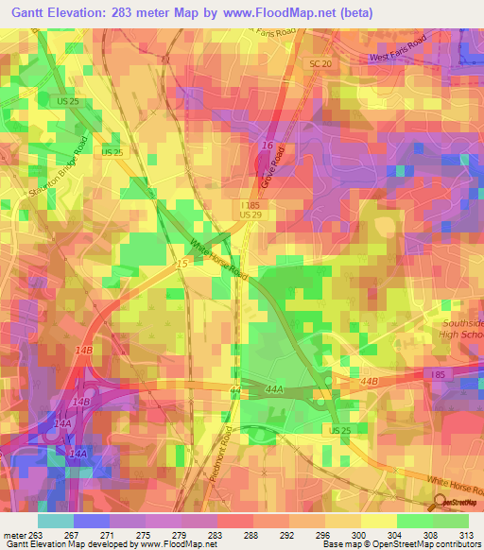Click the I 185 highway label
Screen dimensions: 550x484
(x=250, y=204)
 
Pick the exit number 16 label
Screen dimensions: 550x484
(x=268, y=146)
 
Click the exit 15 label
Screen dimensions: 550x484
(x=181, y=266)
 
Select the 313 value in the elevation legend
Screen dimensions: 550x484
(x=466, y=536)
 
